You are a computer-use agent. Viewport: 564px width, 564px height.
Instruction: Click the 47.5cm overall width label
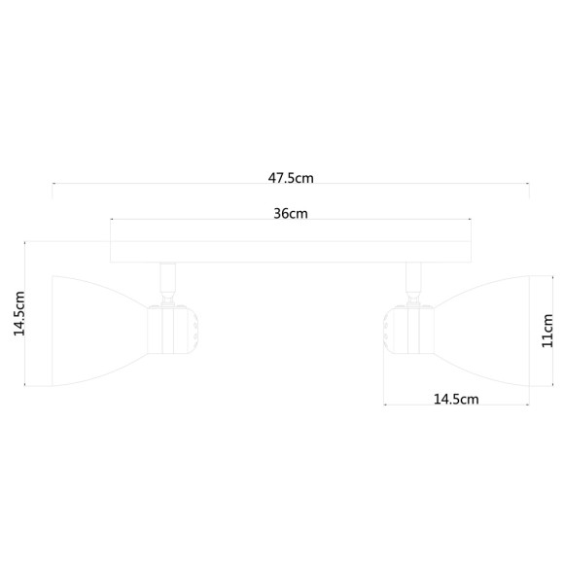(x=291, y=178)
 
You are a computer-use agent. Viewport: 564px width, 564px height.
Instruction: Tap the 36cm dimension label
(x=291, y=214)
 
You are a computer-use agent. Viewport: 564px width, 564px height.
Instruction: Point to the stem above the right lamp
(x=412, y=282)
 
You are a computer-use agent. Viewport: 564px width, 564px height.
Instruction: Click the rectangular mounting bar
(x=291, y=251)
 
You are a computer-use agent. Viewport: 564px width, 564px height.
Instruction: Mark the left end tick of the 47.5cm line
(x=53, y=190)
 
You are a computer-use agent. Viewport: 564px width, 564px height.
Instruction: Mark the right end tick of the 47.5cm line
(x=529, y=190)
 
